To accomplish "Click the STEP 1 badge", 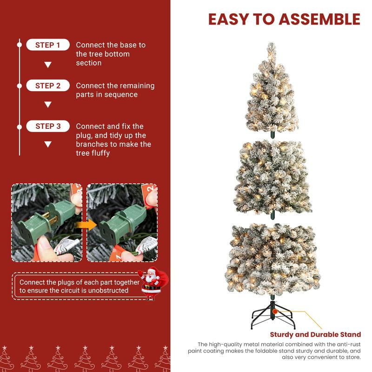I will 48,45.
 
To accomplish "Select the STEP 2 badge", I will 48,86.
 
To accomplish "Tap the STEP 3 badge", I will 48,126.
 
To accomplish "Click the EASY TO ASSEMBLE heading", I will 284,19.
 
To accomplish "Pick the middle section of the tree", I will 271,177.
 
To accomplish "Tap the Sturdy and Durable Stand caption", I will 315,334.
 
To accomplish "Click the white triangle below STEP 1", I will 48,65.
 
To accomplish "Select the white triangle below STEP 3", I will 48,145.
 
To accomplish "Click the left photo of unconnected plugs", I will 47,222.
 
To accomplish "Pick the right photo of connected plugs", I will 122,222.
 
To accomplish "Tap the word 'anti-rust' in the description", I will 347,344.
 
